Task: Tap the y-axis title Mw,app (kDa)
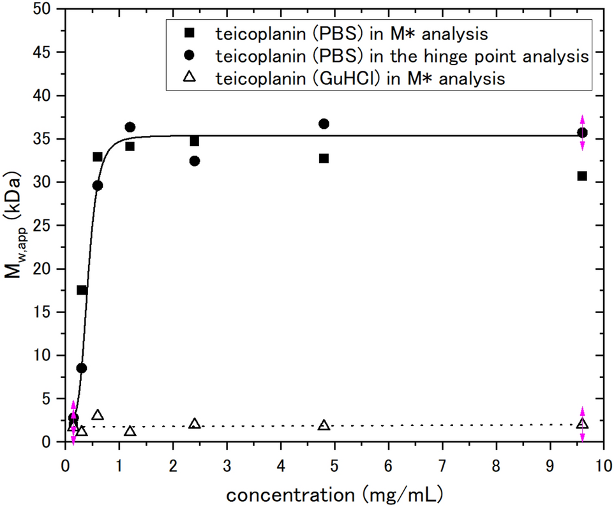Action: pos(17,225)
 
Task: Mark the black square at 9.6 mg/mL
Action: pos(582,176)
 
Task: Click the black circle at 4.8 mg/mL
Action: pos(324,124)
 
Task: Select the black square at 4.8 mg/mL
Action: pos(324,158)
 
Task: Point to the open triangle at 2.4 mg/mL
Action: pos(195,423)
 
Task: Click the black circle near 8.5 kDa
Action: pos(82,368)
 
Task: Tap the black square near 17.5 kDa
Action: pos(82,290)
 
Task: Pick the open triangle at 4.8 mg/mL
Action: pos(324,425)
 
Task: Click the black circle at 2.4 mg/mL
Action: pos(195,161)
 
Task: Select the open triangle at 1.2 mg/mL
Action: pos(130,431)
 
